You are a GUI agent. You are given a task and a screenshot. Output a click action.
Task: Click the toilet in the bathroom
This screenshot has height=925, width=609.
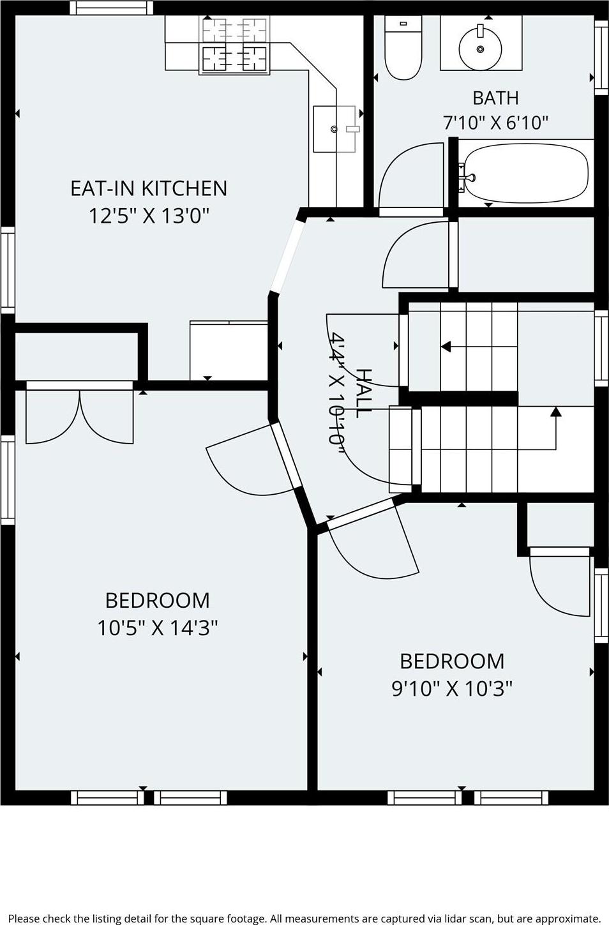point(403,47)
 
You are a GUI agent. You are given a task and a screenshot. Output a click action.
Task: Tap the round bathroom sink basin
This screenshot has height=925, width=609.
point(480,48)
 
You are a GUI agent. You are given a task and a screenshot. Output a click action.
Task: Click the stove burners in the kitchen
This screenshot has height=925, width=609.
point(234,45)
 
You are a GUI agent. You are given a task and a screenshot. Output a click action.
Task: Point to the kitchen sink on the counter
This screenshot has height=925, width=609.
point(335,129)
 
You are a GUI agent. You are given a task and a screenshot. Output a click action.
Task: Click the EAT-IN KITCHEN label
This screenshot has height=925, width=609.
point(149,188)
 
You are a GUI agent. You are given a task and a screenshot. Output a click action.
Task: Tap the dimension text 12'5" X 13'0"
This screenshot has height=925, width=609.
point(149,216)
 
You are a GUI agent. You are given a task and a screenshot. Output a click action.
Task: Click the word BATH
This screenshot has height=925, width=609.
point(495,98)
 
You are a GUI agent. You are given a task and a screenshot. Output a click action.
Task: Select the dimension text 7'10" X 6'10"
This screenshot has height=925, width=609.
point(495,123)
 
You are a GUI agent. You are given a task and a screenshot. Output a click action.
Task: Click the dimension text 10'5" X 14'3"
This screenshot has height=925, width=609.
point(157,628)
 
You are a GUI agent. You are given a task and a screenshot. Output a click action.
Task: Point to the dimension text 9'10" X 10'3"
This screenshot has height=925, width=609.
point(452,688)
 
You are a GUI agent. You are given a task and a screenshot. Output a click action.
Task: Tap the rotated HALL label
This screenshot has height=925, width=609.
point(363,393)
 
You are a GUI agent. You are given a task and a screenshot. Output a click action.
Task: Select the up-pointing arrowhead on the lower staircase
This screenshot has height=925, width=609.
point(556,411)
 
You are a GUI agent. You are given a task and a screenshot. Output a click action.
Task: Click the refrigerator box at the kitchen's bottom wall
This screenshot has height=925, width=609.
point(229,350)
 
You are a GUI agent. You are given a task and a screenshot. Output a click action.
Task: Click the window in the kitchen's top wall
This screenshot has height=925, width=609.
point(112,8)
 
